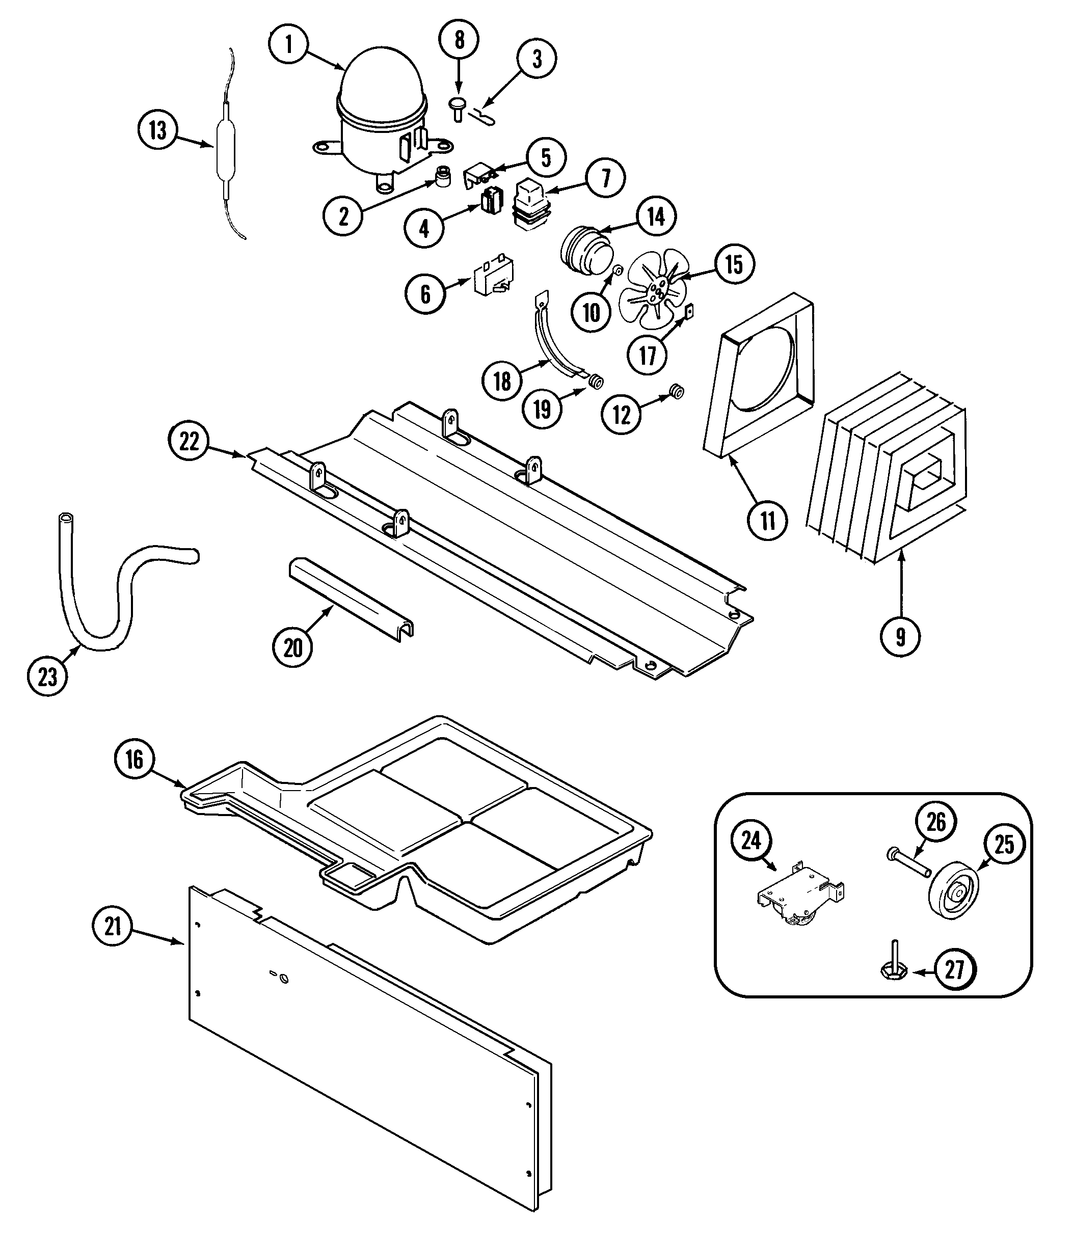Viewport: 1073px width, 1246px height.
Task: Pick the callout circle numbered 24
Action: click(x=751, y=841)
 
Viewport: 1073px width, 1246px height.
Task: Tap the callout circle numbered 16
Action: click(x=134, y=759)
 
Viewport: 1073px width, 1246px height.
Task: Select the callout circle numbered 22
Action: click(x=189, y=442)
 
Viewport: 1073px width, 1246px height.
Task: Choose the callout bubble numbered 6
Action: click(x=426, y=294)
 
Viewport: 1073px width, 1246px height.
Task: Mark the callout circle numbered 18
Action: click(x=502, y=381)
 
